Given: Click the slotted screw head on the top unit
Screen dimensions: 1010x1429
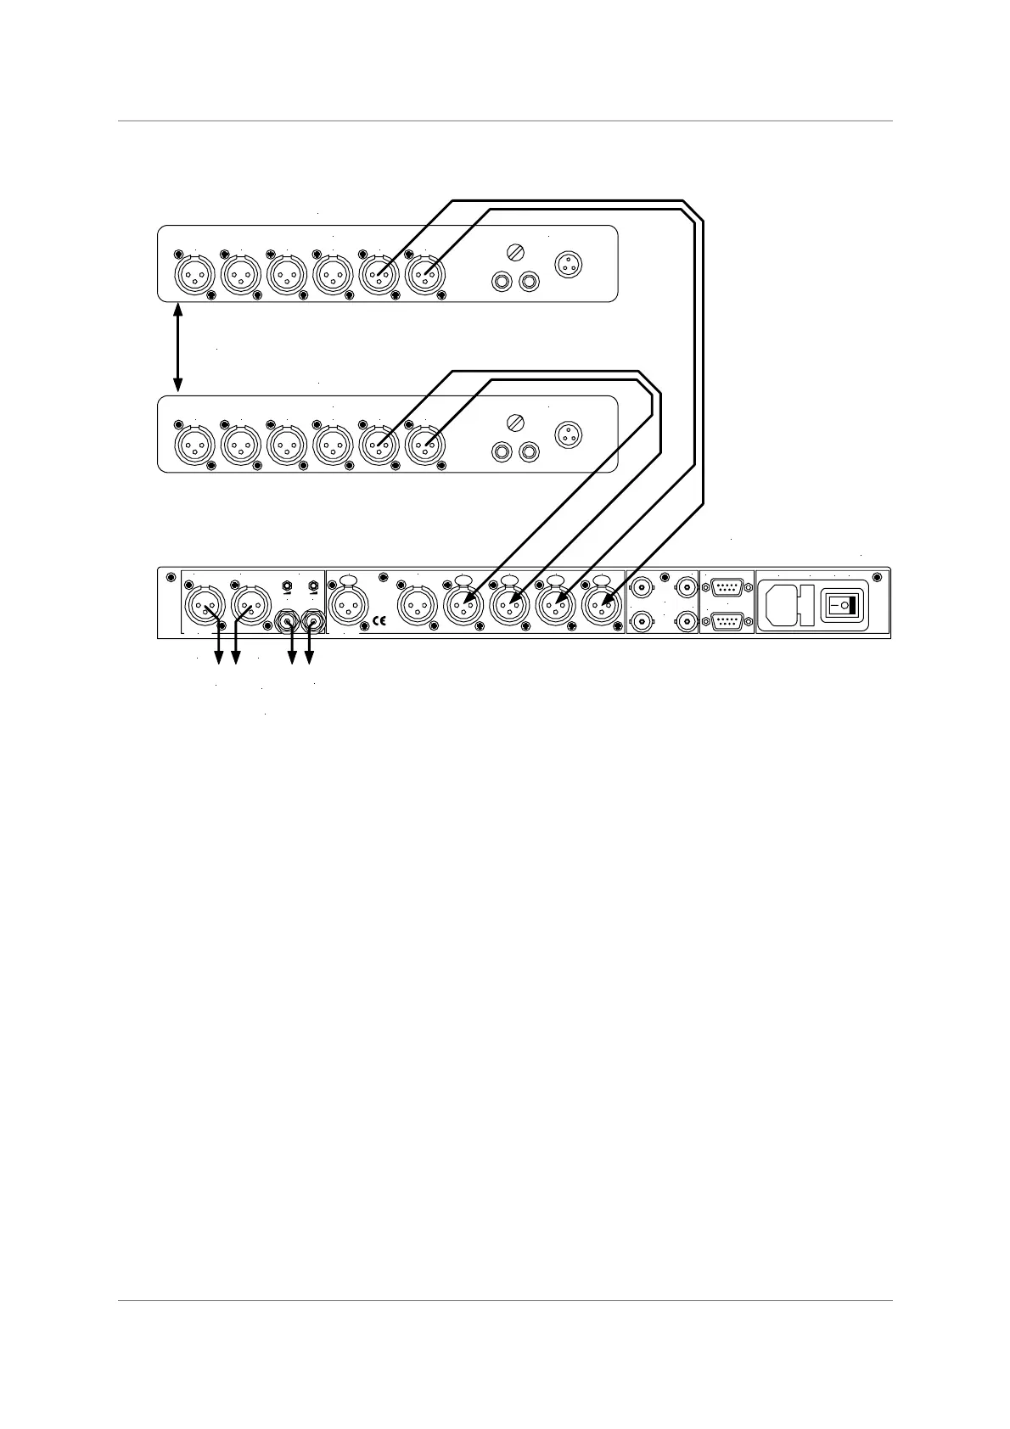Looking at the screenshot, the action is (513, 252).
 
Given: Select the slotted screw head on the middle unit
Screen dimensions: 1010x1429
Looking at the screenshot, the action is (513, 422).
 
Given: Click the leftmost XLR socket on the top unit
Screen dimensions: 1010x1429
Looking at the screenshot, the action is (194, 275).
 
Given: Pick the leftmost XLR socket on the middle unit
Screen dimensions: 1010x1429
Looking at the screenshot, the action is (194, 445).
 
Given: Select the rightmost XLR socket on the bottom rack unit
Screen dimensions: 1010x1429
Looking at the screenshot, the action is (602, 606).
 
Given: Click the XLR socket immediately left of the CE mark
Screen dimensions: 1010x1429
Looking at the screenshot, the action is (348, 606).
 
